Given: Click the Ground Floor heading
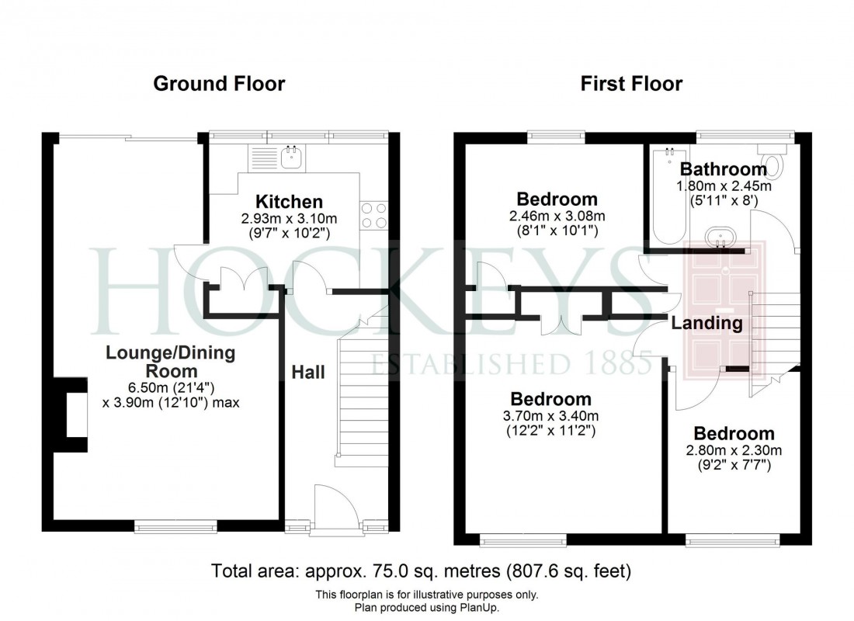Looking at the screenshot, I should [x=219, y=83].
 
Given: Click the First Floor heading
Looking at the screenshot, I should [x=631, y=83].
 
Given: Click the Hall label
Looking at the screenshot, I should [x=308, y=373].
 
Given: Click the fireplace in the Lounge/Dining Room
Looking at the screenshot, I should [x=75, y=415].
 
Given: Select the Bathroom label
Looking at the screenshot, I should [x=724, y=169].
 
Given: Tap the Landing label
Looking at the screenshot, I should [x=706, y=323].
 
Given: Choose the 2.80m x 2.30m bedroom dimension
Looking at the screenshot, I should [x=734, y=449].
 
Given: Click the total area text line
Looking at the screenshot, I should [x=422, y=572].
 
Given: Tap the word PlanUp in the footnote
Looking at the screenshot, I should [x=479, y=607].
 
